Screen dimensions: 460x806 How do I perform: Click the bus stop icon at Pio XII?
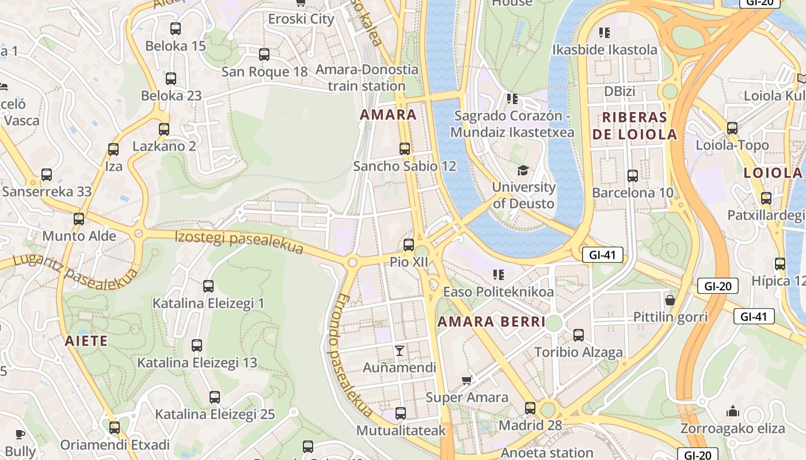(x=409, y=245)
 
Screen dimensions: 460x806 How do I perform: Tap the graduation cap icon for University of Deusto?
(x=523, y=170)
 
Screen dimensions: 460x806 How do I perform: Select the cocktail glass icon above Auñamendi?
(x=400, y=350)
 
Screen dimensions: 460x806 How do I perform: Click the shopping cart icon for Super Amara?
(x=467, y=380)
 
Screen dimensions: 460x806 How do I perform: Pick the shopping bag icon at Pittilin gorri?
(x=670, y=300)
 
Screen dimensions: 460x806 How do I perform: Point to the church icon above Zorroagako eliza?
(x=732, y=411)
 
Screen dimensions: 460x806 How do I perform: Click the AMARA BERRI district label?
(x=491, y=321)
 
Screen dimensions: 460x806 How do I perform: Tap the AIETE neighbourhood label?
(x=86, y=341)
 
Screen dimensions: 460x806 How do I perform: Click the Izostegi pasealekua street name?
(x=239, y=241)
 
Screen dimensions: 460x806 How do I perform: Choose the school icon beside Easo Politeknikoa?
(x=499, y=275)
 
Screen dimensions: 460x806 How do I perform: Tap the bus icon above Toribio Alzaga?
(x=579, y=335)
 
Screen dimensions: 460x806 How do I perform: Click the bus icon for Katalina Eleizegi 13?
(x=197, y=346)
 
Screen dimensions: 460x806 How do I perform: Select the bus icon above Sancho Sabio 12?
(x=405, y=149)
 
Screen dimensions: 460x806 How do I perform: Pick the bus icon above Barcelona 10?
(x=633, y=176)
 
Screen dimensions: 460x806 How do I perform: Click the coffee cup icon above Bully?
(x=20, y=434)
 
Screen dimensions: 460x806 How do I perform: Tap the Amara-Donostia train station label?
(x=367, y=78)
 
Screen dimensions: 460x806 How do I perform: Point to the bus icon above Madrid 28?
(x=530, y=408)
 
